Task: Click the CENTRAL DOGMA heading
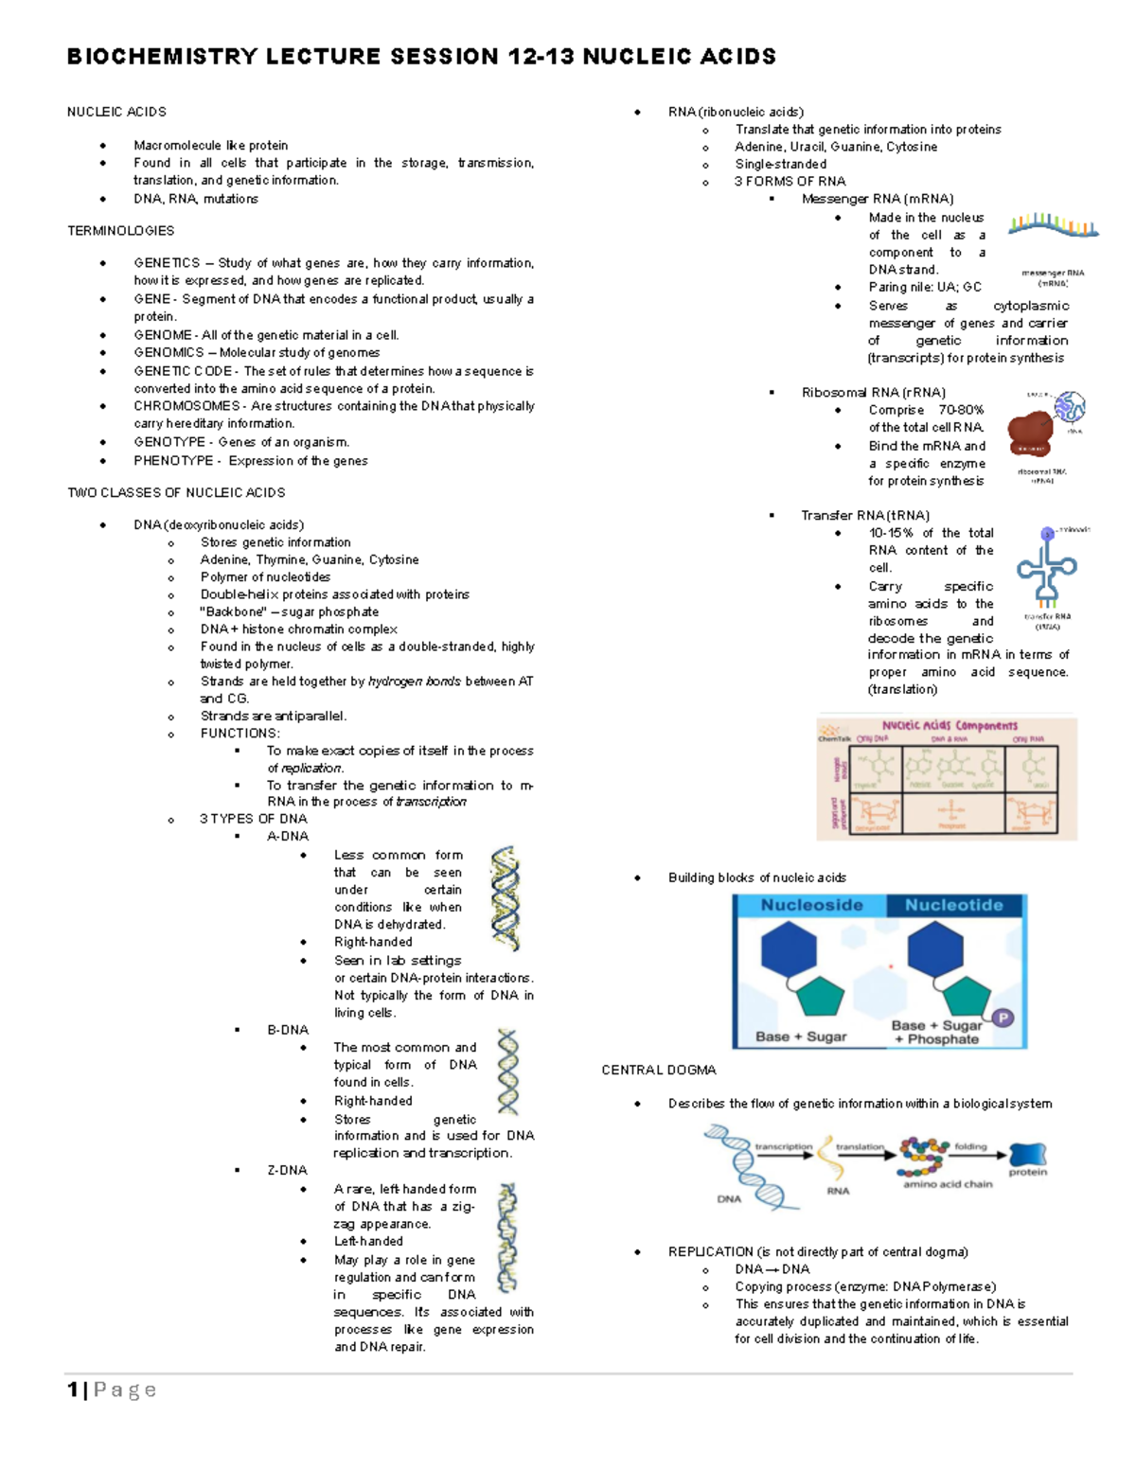point(658,1070)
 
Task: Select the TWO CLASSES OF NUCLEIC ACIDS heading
point(176,492)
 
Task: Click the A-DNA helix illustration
point(506,897)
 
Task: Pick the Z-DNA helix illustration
point(508,1237)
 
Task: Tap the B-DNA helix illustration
point(508,1072)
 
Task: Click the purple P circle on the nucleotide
point(1002,1018)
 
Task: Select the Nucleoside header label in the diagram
point(811,905)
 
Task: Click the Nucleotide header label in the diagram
point(953,905)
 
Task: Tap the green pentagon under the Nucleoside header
point(820,997)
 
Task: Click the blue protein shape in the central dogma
point(1028,1154)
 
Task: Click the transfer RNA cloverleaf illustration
point(1046,568)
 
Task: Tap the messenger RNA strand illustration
point(1053,226)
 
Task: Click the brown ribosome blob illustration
point(1030,433)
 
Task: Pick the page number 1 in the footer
point(73,1390)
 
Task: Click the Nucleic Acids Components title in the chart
point(950,726)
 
